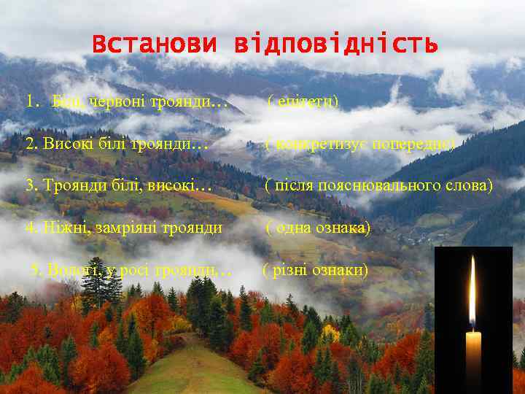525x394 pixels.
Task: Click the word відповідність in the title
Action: (336, 45)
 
